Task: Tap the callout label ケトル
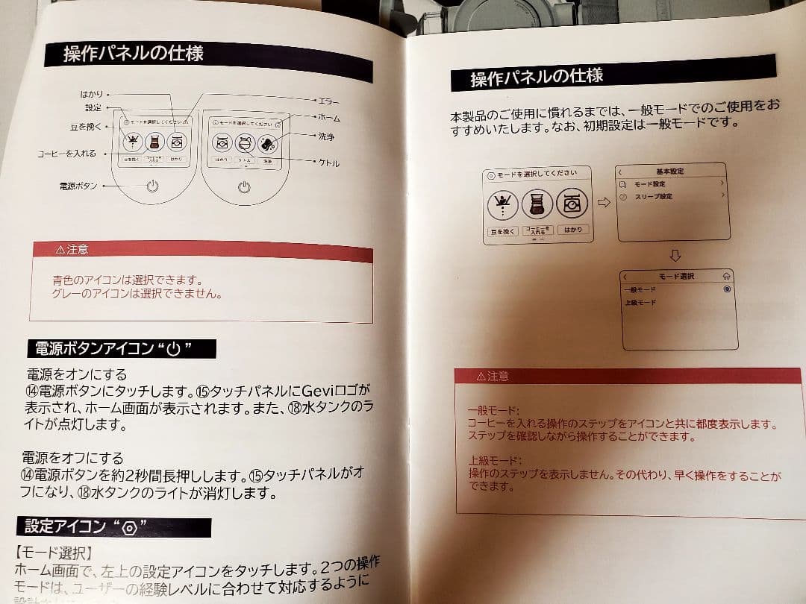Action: click(328, 163)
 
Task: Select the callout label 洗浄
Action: click(326, 137)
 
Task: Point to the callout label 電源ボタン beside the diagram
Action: click(78, 186)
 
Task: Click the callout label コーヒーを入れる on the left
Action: click(67, 154)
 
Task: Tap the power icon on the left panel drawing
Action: click(153, 186)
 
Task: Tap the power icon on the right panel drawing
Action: click(244, 187)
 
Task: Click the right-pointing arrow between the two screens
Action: click(604, 203)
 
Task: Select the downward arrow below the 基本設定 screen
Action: click(675, 255)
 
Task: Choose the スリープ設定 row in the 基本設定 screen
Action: click(654, 197)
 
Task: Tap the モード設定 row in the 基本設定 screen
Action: click(649, 183)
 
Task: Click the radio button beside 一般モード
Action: click(726, 289)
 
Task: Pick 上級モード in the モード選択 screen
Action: click(640, 303)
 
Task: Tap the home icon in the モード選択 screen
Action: click(726, 275)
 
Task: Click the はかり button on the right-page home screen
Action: click(572, 230)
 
